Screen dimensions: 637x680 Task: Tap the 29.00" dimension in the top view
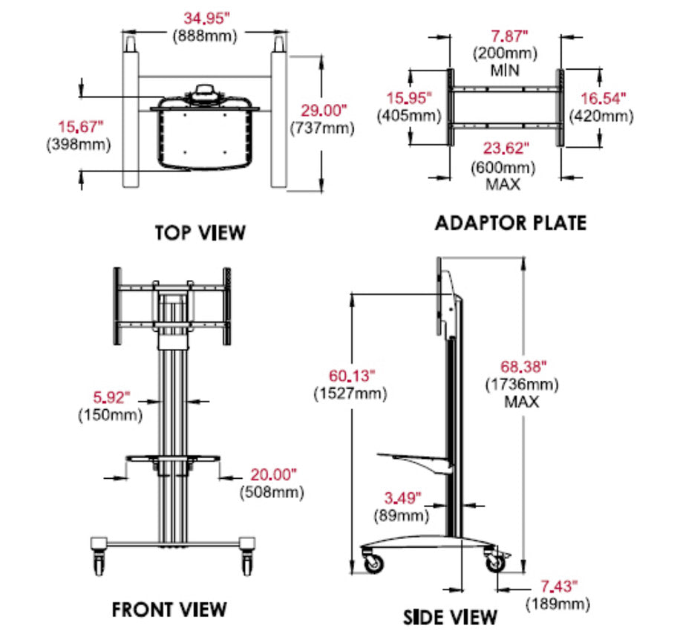[x=324, y=111]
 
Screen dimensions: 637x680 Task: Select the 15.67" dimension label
[x=82, y=127]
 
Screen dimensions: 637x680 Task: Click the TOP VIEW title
[x=200, y=232]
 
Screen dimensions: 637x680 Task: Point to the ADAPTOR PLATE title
[x=511, y=223]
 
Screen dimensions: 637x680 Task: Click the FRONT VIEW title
[x=169, y=610]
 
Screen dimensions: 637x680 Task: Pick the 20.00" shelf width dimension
[x=272, y=474]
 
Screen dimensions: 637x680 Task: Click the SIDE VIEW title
[x=450, y=616]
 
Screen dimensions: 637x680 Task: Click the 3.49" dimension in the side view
[x=402, y=497]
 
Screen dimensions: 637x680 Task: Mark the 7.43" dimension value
[x=558, y=587]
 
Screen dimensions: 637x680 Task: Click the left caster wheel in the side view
[x=373, y=563]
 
